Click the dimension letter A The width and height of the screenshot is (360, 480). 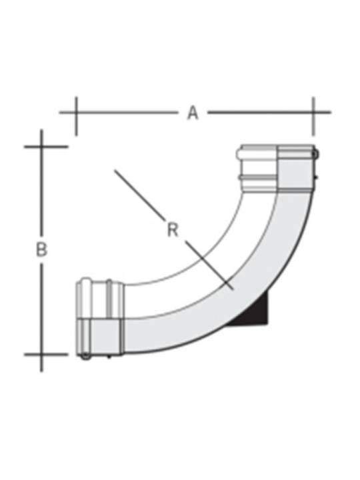(x=193, y=113)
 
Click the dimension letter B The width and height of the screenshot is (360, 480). (x=41, y=249)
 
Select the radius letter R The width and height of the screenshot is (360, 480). (x=173, y=230)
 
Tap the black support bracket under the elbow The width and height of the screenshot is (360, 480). (x=255, y=310)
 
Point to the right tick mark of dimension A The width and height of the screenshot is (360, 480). (x=313, y=116)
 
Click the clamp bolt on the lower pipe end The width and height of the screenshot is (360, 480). (x=85, y=357)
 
